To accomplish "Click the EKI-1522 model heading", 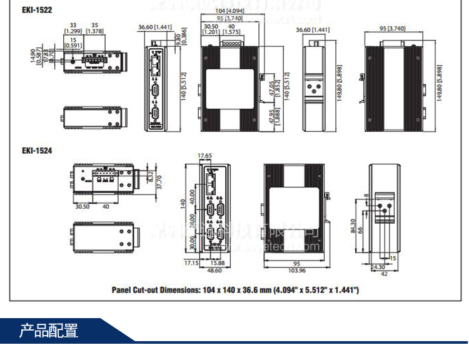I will click(37, 10).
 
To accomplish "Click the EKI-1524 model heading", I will click(37, 150).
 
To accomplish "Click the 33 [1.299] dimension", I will click(74, 27).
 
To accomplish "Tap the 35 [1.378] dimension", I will click(95, 27).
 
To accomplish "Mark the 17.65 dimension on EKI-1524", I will click(204, 156).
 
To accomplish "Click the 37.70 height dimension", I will click(159, 182).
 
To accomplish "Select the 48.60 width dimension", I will click(214, 271).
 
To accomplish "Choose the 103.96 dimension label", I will click(297, 271).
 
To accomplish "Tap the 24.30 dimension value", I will click(378, 266).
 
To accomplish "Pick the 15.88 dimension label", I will click(217, 263).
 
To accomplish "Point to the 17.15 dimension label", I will click(191, 263).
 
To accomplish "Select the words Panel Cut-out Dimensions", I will click(161, 290).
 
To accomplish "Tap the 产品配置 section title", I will click(49, 330).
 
